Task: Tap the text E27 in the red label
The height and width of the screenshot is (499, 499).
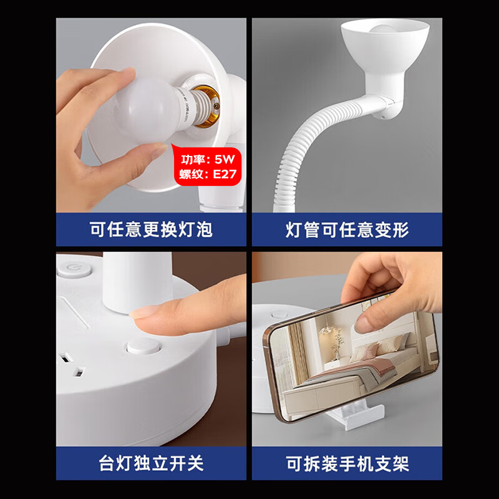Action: click(x=225, y=174)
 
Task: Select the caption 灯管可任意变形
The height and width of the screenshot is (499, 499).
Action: click(x=347, y=230)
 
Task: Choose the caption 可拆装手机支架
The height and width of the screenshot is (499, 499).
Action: click(x=347, y=463)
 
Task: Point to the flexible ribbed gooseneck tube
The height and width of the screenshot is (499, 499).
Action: click(x=299, y=156)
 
